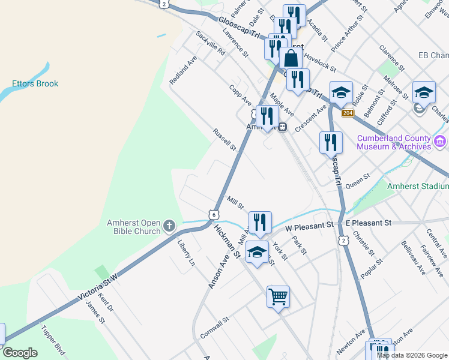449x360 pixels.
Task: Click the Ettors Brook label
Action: [x=35, y=83]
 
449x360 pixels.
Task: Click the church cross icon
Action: [x=169, y=226]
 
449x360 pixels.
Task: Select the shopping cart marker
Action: [x=278, y=296]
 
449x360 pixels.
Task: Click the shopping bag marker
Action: [x=291, y=59]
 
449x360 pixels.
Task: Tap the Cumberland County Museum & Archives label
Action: [x=394, y=142]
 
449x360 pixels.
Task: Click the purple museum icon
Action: [x=441, y=142]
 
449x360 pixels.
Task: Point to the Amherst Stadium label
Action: [x=418, y=187]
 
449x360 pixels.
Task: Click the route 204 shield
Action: [x=347, y=113]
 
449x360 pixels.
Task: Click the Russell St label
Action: [x=224, y=139]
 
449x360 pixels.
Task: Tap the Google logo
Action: [x=20, y=353]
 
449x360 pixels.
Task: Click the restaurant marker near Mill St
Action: [x=260, y=222]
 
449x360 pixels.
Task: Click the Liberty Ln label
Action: [x=186, y=253]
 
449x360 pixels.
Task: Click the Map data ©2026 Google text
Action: [x=412, y=355]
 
